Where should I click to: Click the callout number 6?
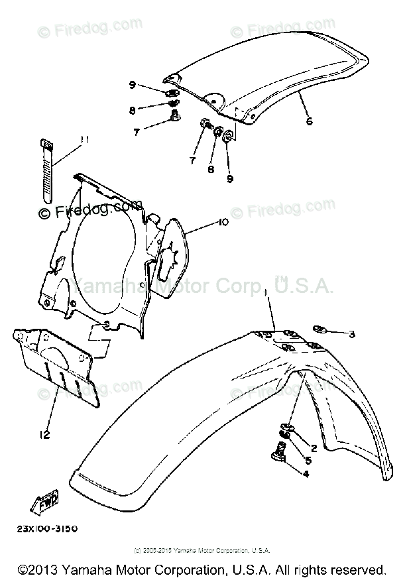point(308,122)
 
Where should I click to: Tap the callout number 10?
point(222,223)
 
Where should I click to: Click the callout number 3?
point(352,335)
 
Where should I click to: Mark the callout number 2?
point(314,448)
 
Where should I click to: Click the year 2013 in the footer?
point(42,569)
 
